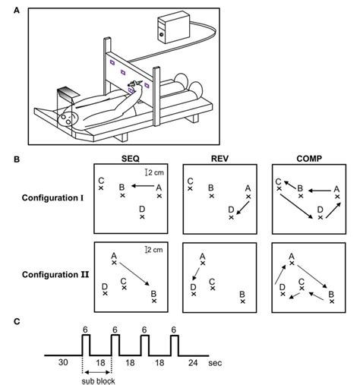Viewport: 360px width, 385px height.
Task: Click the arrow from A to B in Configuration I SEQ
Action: [140, 185]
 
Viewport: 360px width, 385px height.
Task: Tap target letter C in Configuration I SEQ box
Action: [101, 181]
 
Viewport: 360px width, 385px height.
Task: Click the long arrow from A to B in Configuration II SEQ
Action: [135, 276]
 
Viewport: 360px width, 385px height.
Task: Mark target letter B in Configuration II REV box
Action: [242, 294]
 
